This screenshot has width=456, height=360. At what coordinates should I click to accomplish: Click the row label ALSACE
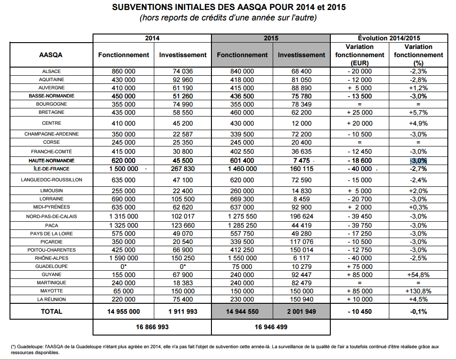click(51, 71)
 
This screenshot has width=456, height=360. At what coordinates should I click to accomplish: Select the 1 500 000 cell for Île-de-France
click(123, 169)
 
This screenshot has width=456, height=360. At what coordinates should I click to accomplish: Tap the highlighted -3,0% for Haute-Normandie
click(418, 161)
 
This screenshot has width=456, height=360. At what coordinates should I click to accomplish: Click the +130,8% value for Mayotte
click(418, 291)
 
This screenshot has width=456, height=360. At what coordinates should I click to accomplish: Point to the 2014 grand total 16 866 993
click(152, 326)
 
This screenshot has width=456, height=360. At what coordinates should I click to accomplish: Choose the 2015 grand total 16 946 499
click(270, 326)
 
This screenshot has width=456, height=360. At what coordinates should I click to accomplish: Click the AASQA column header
click(51, 55)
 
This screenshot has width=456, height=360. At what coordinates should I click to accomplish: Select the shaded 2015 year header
click(271, 39)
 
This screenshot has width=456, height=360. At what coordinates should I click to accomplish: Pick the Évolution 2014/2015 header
click(388, 39)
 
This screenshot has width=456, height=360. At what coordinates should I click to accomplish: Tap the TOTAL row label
click(51, 311)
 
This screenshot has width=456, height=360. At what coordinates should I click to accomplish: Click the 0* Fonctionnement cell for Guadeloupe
click(123, 267)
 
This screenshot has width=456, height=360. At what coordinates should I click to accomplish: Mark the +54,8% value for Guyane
click(418, 275)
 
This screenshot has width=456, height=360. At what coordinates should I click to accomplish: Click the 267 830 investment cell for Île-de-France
click(183, 169)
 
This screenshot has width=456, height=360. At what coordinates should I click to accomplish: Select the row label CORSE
click(51, 142)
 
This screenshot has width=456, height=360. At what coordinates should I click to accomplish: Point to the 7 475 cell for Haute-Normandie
click(301, 161)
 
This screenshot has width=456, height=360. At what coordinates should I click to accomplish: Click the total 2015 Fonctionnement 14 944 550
click(242, 311)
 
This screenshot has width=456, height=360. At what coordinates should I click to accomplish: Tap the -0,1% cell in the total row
click(418, 311)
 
